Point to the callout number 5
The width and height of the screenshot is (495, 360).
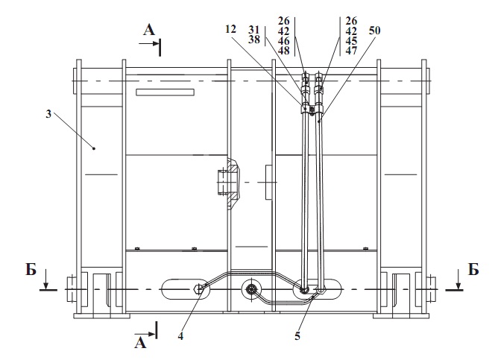pyautogui.click(x=297, y=335)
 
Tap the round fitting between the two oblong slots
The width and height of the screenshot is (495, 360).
pyautogui.click(x=250, y=289)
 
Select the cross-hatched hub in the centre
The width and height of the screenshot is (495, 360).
pyautogui.click(x=228, y=180)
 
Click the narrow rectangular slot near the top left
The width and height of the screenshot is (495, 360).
pyautogui.click(x=165, y=92)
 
